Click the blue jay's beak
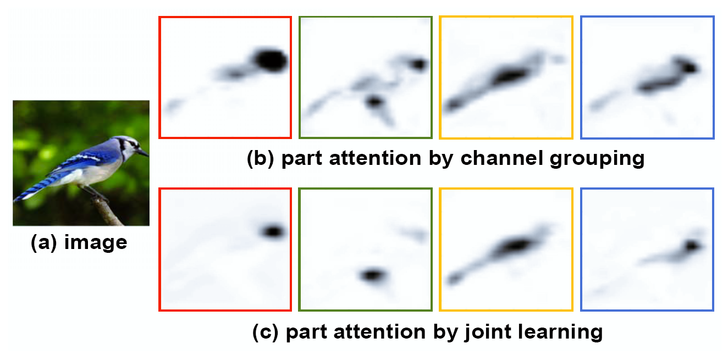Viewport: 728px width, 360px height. coord(144,152)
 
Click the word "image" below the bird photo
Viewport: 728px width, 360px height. coord(95,242)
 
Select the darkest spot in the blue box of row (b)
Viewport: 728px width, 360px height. coord(688,67)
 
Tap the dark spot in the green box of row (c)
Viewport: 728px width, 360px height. coord(373,275)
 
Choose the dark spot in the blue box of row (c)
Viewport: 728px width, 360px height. coord(692,246)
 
